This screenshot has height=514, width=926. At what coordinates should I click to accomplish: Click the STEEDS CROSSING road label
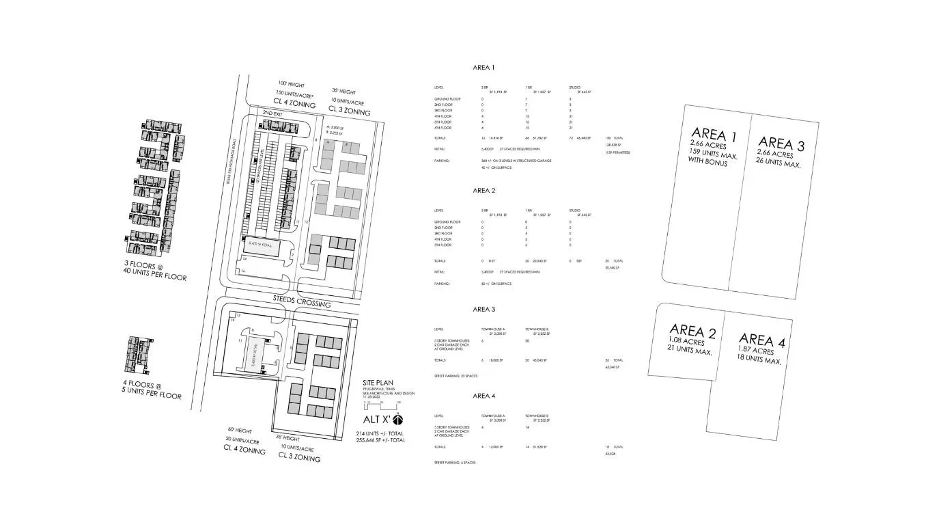click(302, 303)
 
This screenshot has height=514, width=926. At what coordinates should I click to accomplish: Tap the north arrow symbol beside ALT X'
click(399, 419)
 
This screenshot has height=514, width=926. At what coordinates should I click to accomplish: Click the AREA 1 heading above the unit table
click(483, 68)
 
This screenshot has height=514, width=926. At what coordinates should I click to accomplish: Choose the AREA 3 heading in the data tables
click(483, 309)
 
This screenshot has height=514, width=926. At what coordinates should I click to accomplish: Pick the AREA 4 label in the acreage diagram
click(757, 340)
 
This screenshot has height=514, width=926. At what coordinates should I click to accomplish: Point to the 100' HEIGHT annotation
click(281, 84)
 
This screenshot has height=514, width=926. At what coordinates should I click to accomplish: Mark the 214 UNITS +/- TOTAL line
click(380, 433)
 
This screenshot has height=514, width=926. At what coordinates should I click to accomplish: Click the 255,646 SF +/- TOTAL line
click(380, 441)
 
